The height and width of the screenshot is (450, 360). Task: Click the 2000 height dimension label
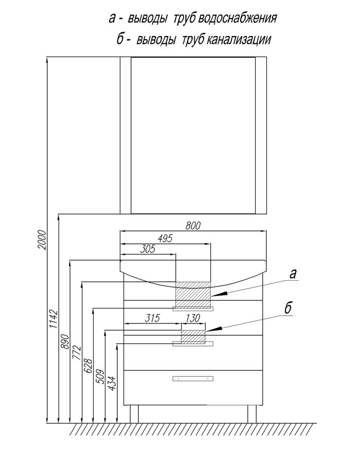42,240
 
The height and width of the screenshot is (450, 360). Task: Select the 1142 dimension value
53,319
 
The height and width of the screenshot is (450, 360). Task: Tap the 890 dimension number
65,341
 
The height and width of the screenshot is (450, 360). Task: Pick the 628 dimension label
88,366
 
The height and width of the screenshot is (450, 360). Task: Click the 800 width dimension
193,226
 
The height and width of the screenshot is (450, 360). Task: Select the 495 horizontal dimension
165,238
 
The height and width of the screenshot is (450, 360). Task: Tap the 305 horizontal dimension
148,249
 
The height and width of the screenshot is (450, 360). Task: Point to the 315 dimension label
152,318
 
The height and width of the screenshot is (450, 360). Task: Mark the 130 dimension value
193,318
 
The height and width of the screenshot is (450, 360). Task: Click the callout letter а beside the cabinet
293,274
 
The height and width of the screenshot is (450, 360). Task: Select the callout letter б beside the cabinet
288,308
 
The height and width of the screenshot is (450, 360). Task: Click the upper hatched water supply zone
193,294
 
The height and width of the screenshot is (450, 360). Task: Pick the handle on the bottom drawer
193,379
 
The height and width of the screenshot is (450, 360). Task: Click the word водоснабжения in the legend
237,18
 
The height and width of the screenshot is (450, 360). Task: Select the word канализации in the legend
239,39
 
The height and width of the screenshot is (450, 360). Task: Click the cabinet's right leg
252,414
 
